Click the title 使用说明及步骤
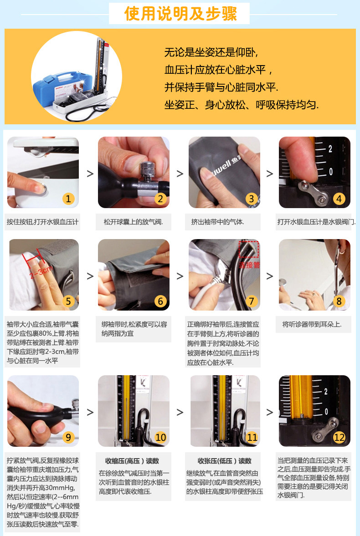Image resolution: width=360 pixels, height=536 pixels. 180,14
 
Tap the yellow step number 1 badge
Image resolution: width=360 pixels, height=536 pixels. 68,199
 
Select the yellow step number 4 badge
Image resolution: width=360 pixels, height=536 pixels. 339,199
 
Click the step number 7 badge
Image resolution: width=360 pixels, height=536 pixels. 252,301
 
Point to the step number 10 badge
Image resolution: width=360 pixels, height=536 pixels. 160,437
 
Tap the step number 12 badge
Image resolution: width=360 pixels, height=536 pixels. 339,437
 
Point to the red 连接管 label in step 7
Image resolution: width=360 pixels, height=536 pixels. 249,265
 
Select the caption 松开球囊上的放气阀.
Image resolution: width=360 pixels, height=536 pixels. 134,222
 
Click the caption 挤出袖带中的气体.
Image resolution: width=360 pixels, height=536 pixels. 218,222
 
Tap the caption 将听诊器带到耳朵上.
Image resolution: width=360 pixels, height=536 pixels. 312,324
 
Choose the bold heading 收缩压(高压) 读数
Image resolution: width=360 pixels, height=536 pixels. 132,461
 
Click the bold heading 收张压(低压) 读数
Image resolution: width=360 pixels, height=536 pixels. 225,461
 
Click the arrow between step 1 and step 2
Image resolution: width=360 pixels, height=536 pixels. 90,174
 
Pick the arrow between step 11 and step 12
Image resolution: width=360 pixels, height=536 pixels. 270,412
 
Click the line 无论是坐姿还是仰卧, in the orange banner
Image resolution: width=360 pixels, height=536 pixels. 211,52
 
